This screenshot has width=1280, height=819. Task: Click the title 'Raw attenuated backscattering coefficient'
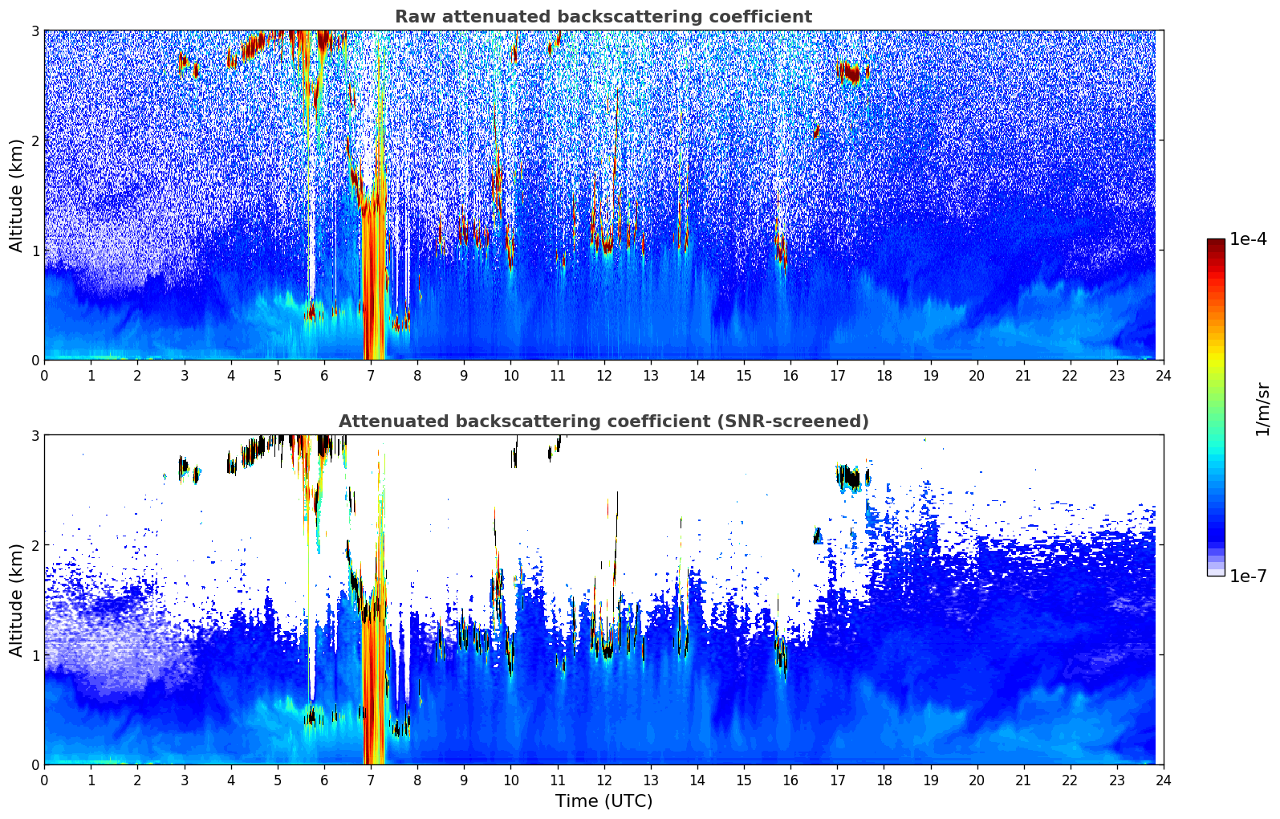pyautogui.click(x=603, y=17)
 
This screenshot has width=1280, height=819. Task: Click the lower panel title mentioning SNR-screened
pyautogui.click(x=603, y=422)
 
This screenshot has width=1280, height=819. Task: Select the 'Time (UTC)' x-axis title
pyautogui.click(x=603, y=801)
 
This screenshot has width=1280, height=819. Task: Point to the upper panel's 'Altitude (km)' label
pyautogui.click(x=16, y=195)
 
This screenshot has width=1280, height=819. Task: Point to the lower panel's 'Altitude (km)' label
pyautogui.click(x=16, y=600)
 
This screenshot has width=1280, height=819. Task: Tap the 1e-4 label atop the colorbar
pyautogui.click(x=1248, y=239)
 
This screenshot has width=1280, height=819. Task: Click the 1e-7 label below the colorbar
pyautogui.click(x=1248, y=576)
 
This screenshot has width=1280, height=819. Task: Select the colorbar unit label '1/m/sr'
pyautogui.click(x=1262, y=408)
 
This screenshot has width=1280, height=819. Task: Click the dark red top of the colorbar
pyautogui.click(x=1216, y=243)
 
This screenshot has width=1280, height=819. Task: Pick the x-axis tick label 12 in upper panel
pyautogui.click(x=603, y=375)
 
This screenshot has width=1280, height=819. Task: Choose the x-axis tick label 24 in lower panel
pyautogui.click(x=1163, y=780)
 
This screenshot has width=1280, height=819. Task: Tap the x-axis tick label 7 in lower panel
pyautogui.click(x=371, y=780)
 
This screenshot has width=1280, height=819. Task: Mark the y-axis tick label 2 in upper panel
pyautogui.click(x=35, y=141)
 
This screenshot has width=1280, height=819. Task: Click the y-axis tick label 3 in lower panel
pyautogui.click(x=35, y=435)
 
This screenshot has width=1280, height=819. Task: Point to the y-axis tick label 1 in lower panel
pyautogui.click(x=35, y=654)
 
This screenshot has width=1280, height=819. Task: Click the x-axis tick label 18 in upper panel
pyautogui.click(x=884, y=375)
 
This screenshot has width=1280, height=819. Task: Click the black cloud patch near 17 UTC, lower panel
pyautogui.click(x=850, y=479)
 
